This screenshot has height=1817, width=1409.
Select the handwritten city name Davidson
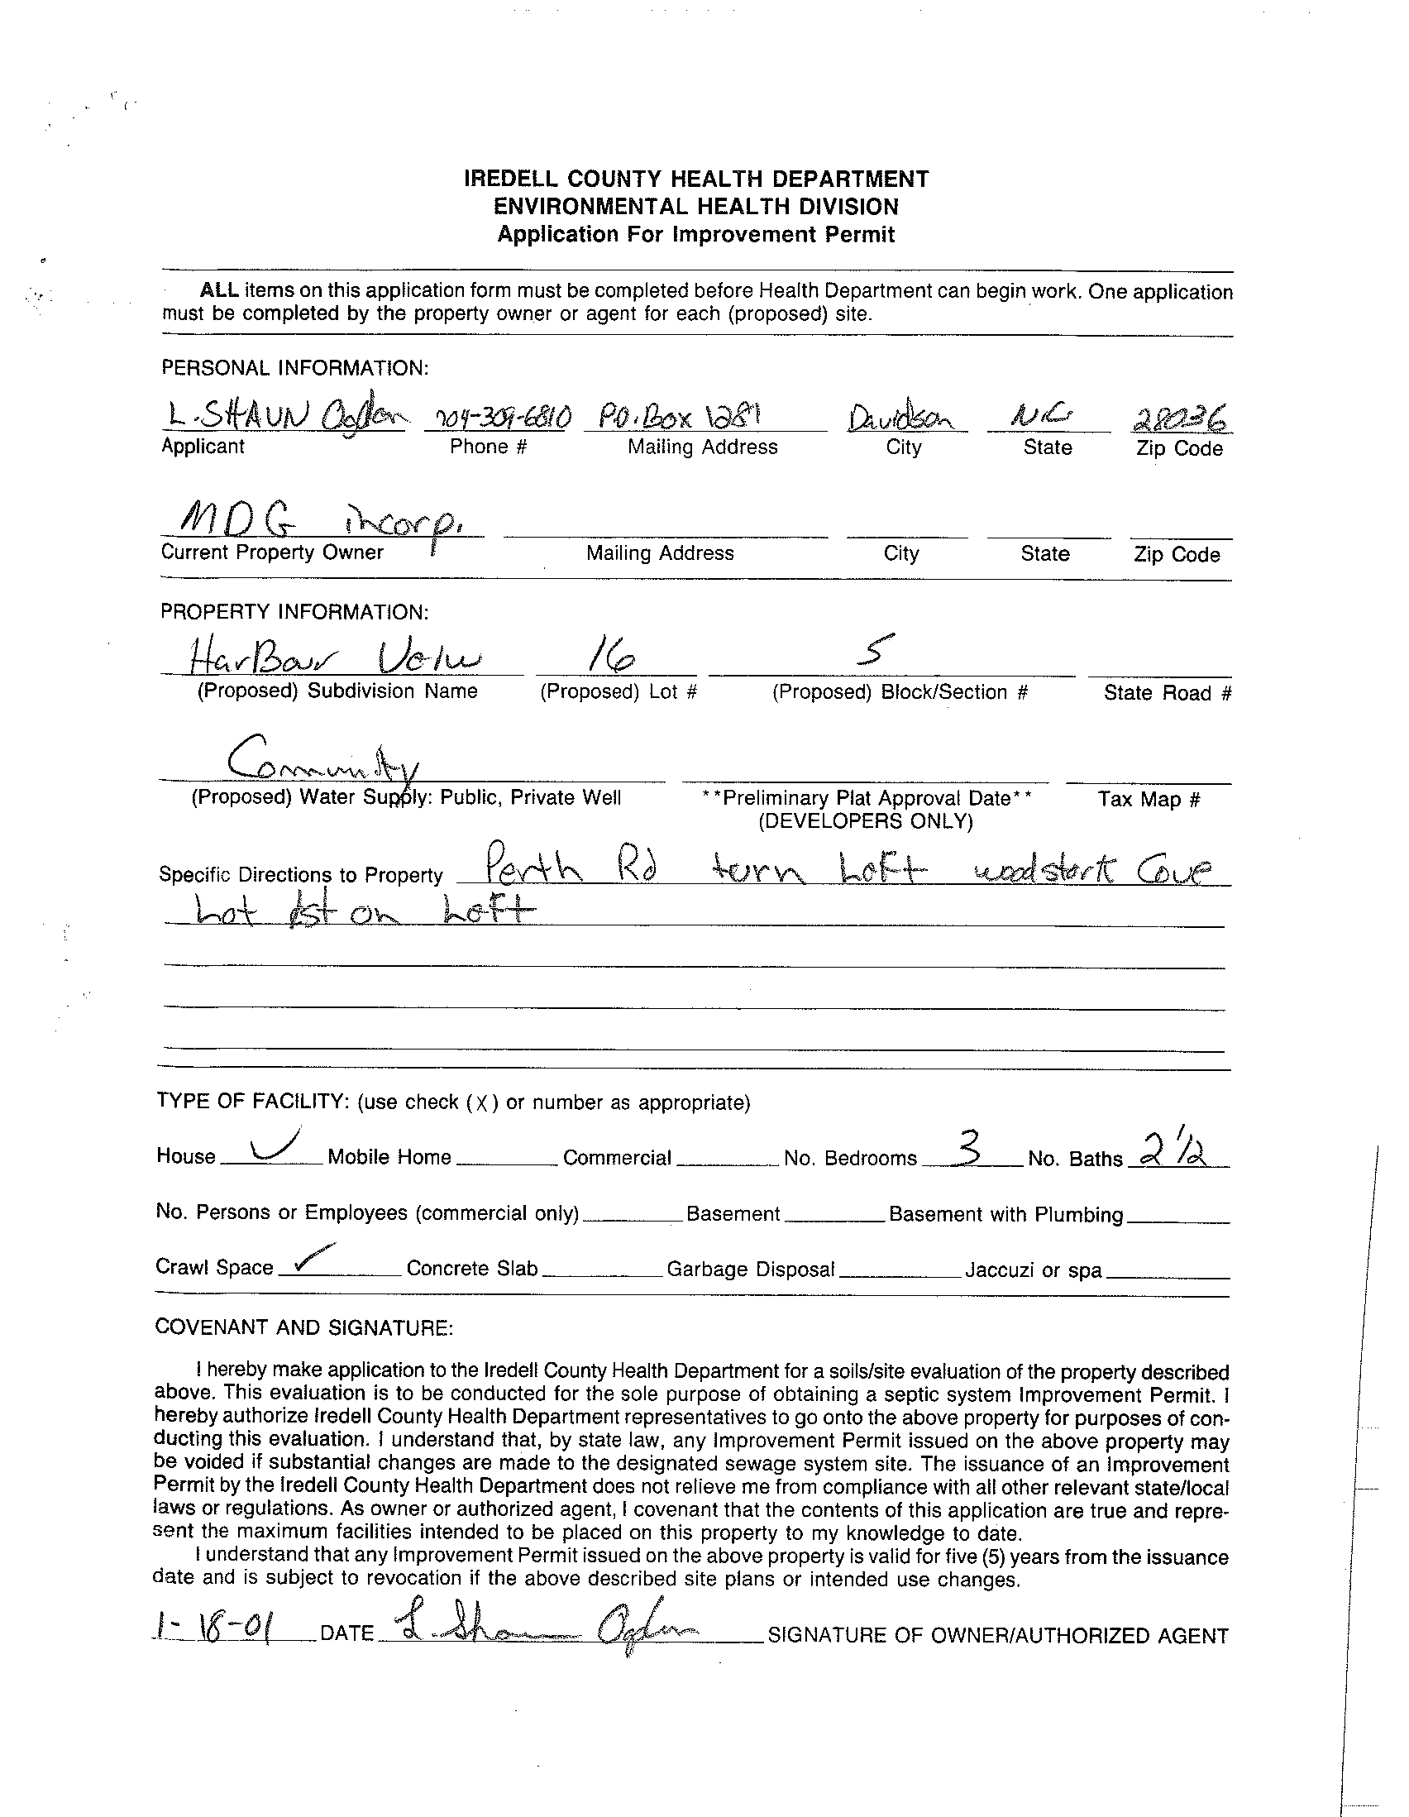coord(901,418)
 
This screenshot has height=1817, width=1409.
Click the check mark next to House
coord(275,1145)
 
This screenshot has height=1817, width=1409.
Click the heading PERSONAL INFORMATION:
coord(295,368)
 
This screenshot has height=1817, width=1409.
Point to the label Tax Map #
coord(1149,800)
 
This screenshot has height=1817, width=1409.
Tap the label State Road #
coord(1167,693)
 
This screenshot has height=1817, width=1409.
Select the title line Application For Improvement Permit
coord(695,235)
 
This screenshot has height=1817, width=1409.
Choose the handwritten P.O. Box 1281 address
coord(675,416)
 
